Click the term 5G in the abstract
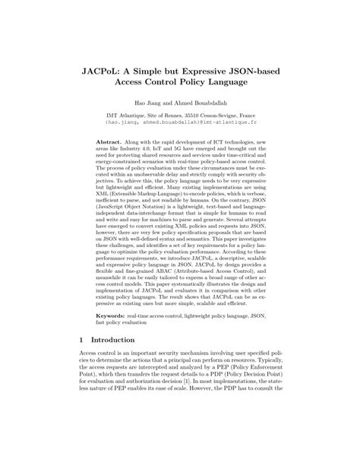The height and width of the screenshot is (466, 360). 191,150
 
